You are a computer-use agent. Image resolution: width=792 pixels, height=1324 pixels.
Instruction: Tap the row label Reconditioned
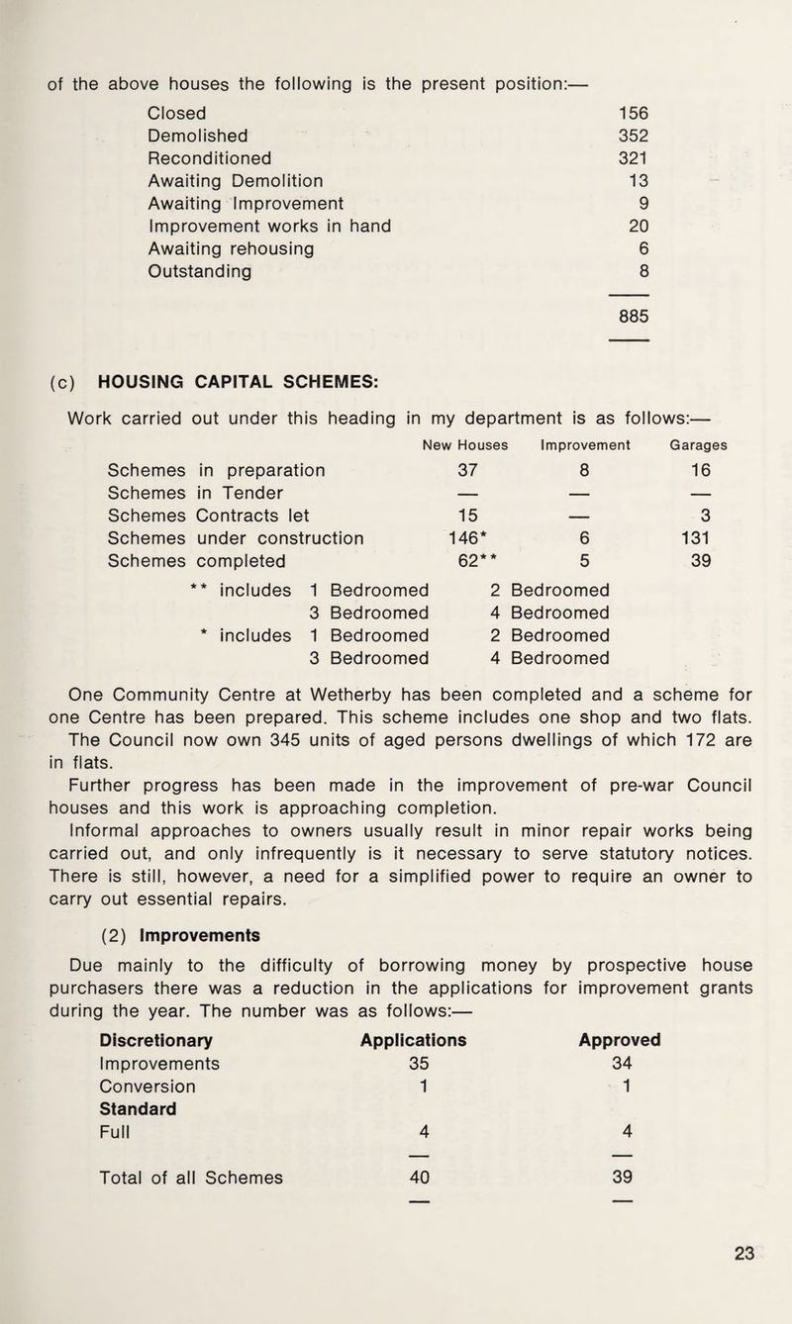209,156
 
